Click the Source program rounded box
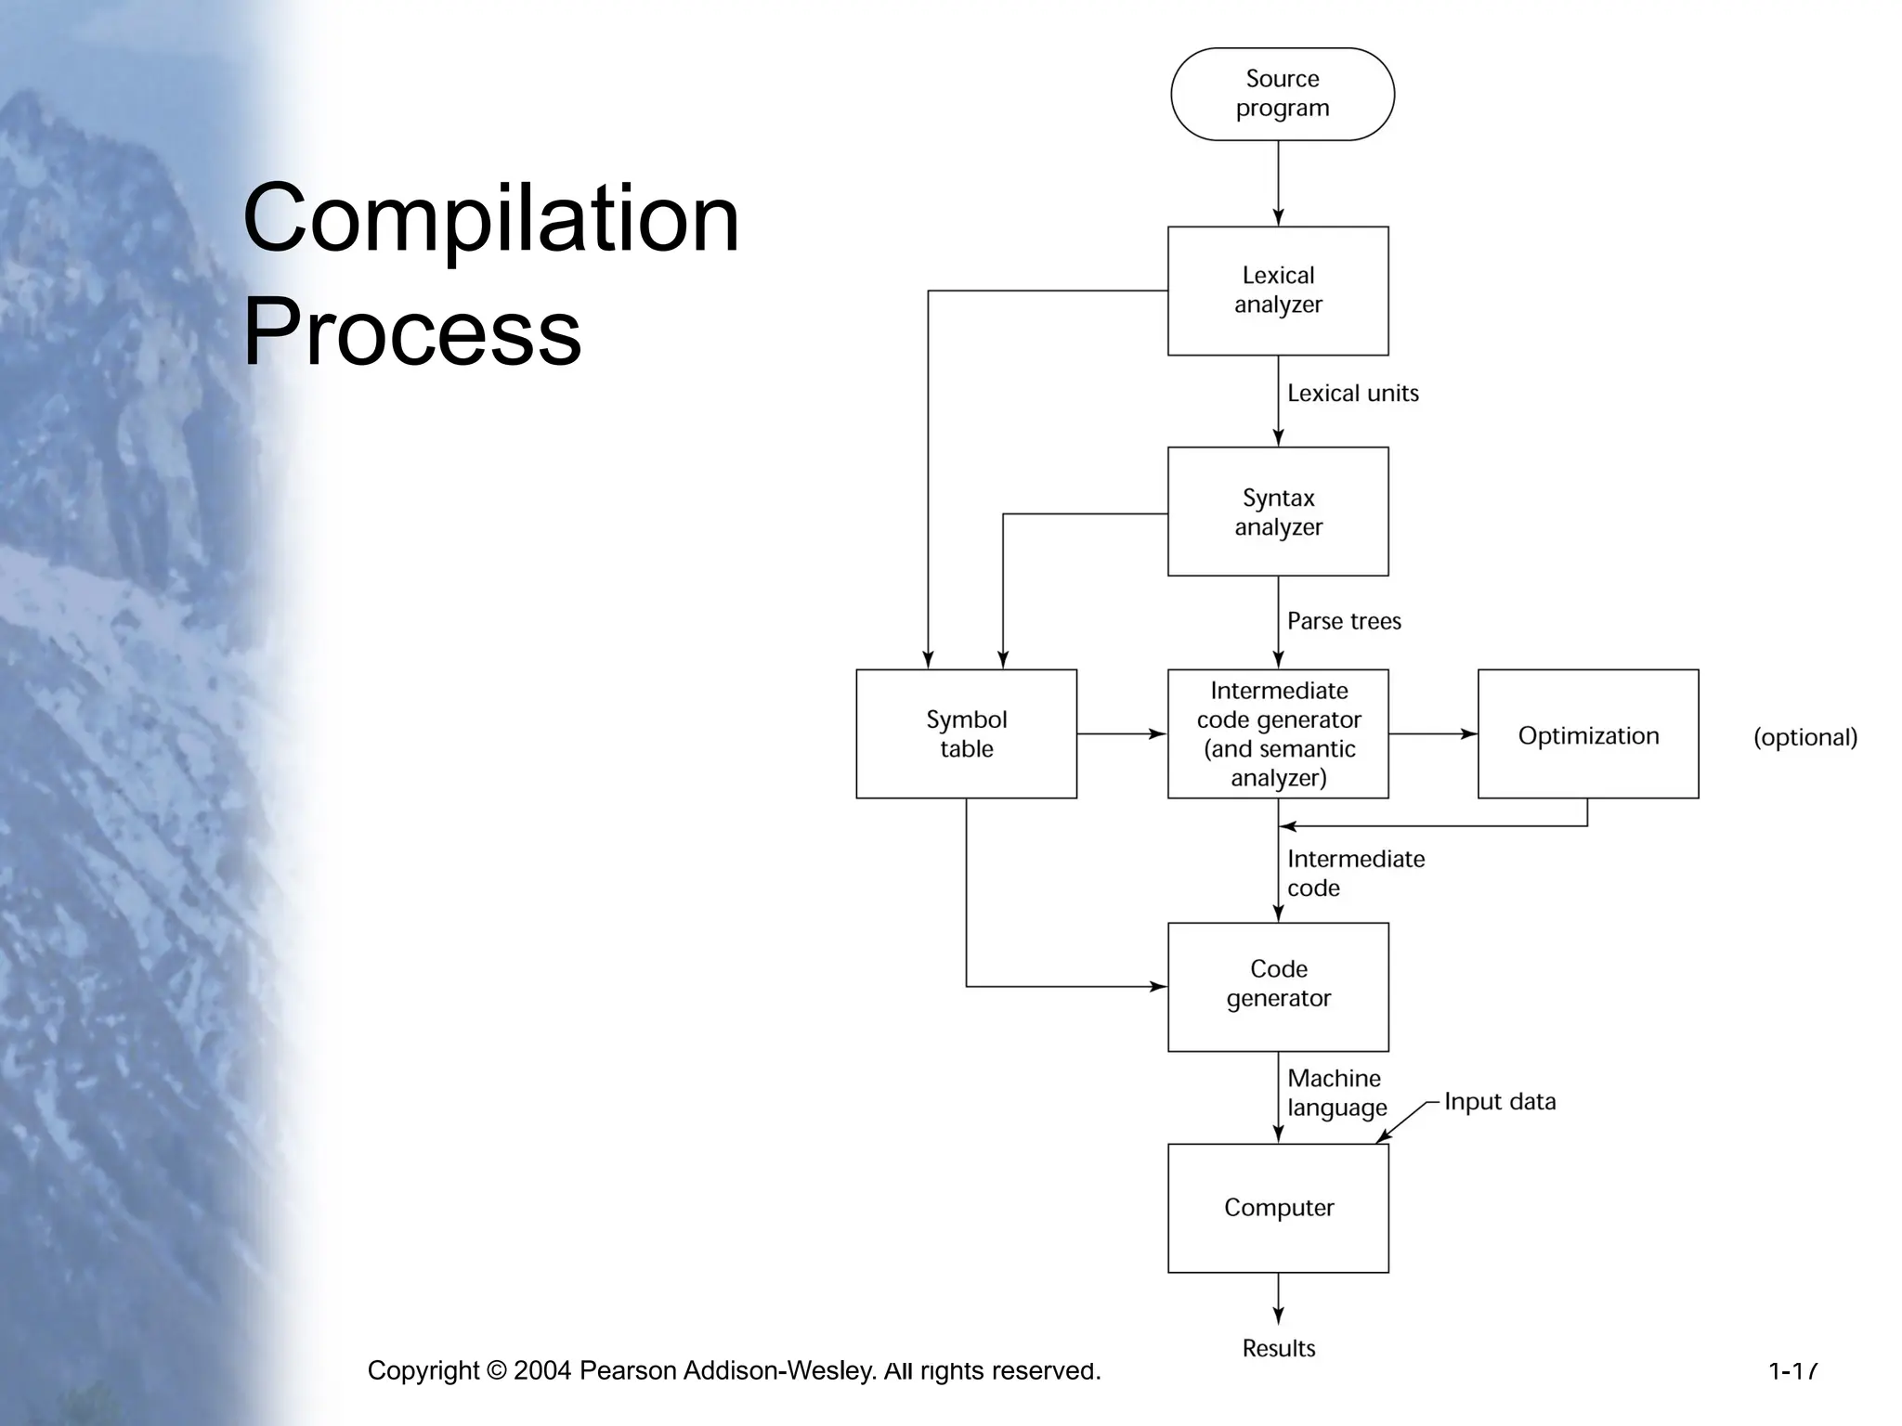point(1282,94)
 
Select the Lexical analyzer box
point(1278,291)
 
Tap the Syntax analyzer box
point(1278,512)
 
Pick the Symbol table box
point(966,733)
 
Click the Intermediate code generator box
point(1278,733)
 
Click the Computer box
point(1278,1207)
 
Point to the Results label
point(1278,1348)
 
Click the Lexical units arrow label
point(1352,394)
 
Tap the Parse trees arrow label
point(1344,621)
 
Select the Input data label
point(1499,1102)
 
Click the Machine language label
point(1336,1093)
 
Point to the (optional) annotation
point(1804,737)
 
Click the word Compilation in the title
point(490,219)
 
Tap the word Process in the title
point(411,331)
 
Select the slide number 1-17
point(1792,1370)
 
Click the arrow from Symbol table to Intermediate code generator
point(1121,733)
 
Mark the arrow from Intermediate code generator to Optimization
point(1432,733)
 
